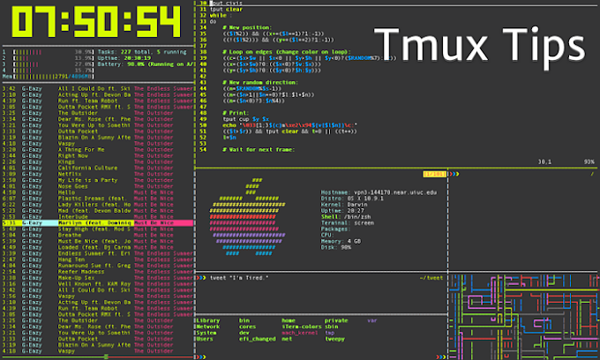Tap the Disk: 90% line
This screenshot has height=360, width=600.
pos(339,247)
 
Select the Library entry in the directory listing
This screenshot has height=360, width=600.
pos(210,320)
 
